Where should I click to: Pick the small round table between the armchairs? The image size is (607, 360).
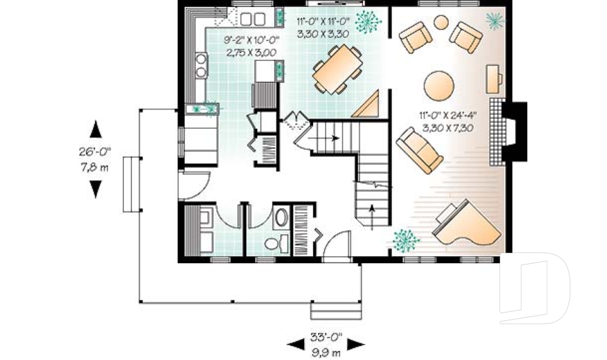tap(441, 23)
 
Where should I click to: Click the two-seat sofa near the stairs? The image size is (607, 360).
tap(419, 150)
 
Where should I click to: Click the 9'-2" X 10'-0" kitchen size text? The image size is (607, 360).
tap(250, 46)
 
